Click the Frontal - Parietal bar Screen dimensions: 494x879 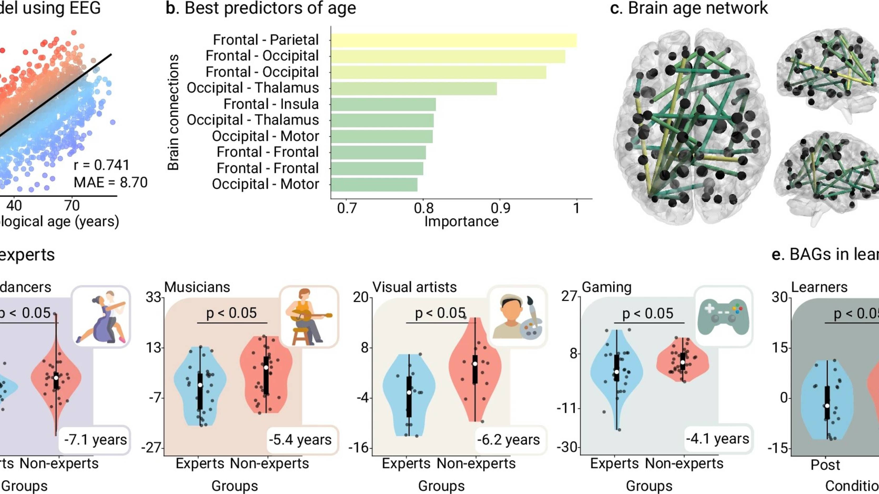[x=453, y=40]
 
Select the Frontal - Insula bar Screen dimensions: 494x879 [x=383, y=104]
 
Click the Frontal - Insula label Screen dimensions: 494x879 [x=271, y=104]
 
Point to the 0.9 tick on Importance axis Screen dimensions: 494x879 [x=500, y=208]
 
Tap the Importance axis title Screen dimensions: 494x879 [x=461, y=221]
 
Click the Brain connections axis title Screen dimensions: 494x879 [x=173, y=112]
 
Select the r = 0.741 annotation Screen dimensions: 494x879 [x=101, y=165]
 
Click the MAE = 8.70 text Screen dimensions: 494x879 [x=110, y=183]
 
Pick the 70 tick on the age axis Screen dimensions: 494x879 [x=72, y=206]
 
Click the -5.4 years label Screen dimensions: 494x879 [x=300, y=440]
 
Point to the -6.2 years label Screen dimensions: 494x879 [x=508, y=440]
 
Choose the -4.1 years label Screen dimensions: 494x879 [x=717, y=439]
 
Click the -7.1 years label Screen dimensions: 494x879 [x=95, y=440]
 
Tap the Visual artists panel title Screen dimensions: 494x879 [x=414, y=287]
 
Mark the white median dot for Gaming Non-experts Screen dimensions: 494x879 [x=683, y=362]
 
